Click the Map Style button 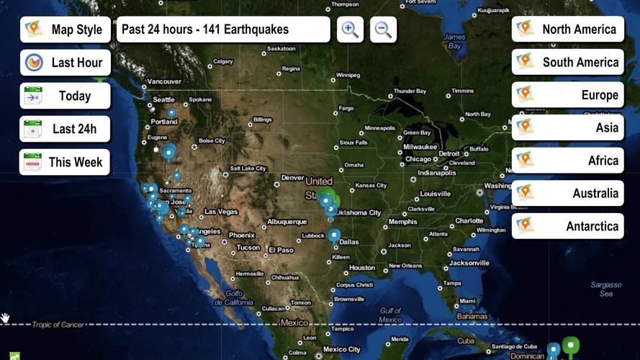point(66,30)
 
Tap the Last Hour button point(66,63)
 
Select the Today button point(66,96)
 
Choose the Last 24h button point(66,129)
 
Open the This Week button point(66,162)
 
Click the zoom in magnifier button point(350,30)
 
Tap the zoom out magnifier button point(383,30)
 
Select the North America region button point(568,29)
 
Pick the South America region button point(568,62)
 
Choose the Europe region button point(568,95)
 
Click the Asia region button point(568,127)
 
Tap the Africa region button point(568,161)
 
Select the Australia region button point(568,193)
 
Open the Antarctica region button point(568,226)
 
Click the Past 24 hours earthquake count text point(223,30)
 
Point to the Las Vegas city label point(221,212)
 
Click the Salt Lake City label point(248,168)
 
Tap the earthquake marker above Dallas point(334,234)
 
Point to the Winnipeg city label point(348,75)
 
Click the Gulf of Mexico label point(390,315)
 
